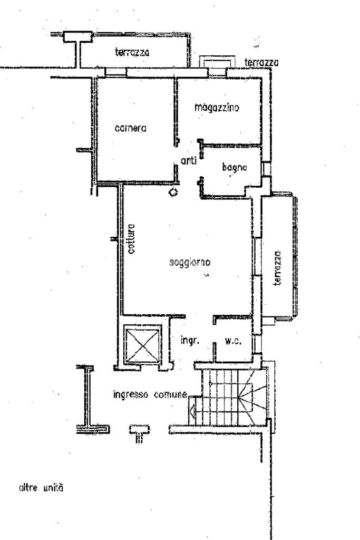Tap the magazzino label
click(x=217, y=108)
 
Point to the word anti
click(x=188, y=162)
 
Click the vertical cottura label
click(x=131, y=240)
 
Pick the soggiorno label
click(x=190, y=262)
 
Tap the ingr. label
click(x=189, y=341)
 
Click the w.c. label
click(x=233, y=341)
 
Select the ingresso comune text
click(x=150, y=394)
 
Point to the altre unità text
click(x=41, y=489)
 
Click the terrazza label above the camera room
click(x=132, y=52)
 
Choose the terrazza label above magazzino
click(x=262, y=63)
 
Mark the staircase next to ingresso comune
click(x=232, y=396)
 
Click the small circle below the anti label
click(x=172, y=192)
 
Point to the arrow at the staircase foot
click(x=193, y=408)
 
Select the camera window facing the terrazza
click(x=115, y=72)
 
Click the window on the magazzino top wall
click(x=216, y=71)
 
